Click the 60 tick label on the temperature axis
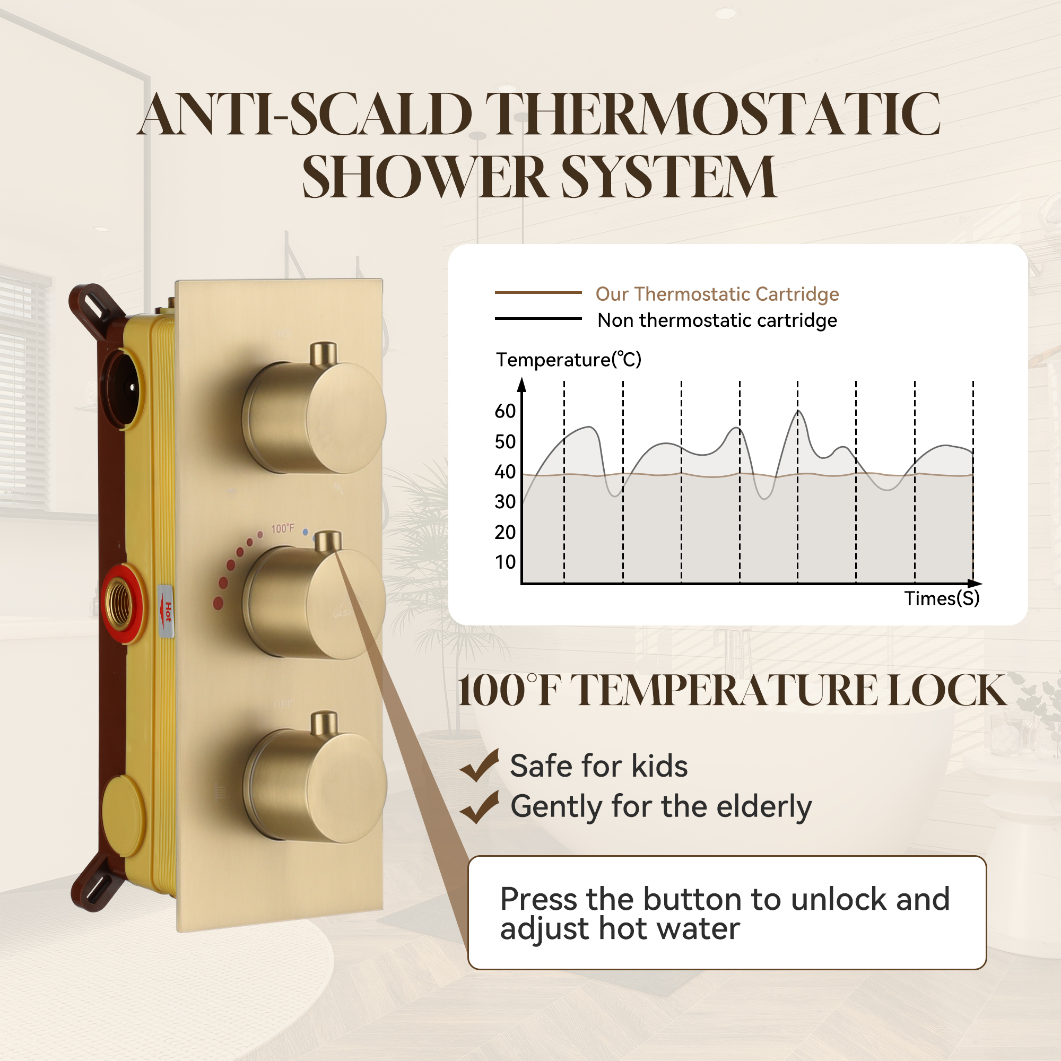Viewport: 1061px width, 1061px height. pos(505,411)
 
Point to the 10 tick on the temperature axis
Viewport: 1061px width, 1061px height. pos(505,562)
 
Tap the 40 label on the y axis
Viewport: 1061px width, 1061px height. pos(505,472)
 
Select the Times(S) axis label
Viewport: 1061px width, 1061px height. pos(942,598)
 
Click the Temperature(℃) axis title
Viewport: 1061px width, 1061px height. pos(568,360)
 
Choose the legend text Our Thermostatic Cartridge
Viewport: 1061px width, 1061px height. pos(717,294)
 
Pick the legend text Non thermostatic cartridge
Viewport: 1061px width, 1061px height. pos(717,320)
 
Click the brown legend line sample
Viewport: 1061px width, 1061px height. pos(537,293)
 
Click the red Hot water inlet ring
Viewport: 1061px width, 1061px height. pos(122,604)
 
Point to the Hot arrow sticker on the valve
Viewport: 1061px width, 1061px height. pos(167,612)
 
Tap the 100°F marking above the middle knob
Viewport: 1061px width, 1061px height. pos(282,528)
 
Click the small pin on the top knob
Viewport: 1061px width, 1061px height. pos(324,354)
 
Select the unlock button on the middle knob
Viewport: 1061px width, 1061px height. pos(328,542)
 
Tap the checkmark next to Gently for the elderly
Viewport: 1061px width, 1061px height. pos(479,807)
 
